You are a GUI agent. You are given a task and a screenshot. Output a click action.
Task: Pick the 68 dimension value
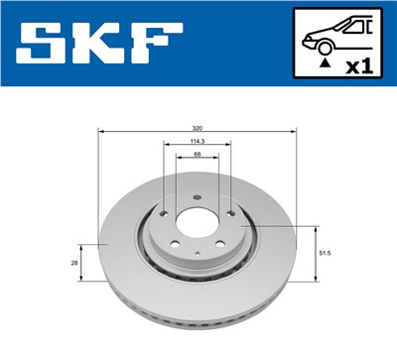pyautogui.click(x=198, y=154)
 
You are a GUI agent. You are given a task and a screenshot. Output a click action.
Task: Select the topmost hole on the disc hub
pyautogui.click(x=198, y=195)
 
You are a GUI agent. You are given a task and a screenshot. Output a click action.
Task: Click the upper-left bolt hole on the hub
pyautogui.click(x=163, y=211)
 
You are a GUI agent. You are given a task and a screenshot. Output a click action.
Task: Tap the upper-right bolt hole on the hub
pyautogui.click(x=232, y=211)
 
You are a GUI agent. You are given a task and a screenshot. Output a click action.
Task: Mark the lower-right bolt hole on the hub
pyautogui.click(x=220, y=245)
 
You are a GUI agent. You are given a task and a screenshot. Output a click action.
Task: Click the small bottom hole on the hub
pyautogui.click(x=198, y=256)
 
